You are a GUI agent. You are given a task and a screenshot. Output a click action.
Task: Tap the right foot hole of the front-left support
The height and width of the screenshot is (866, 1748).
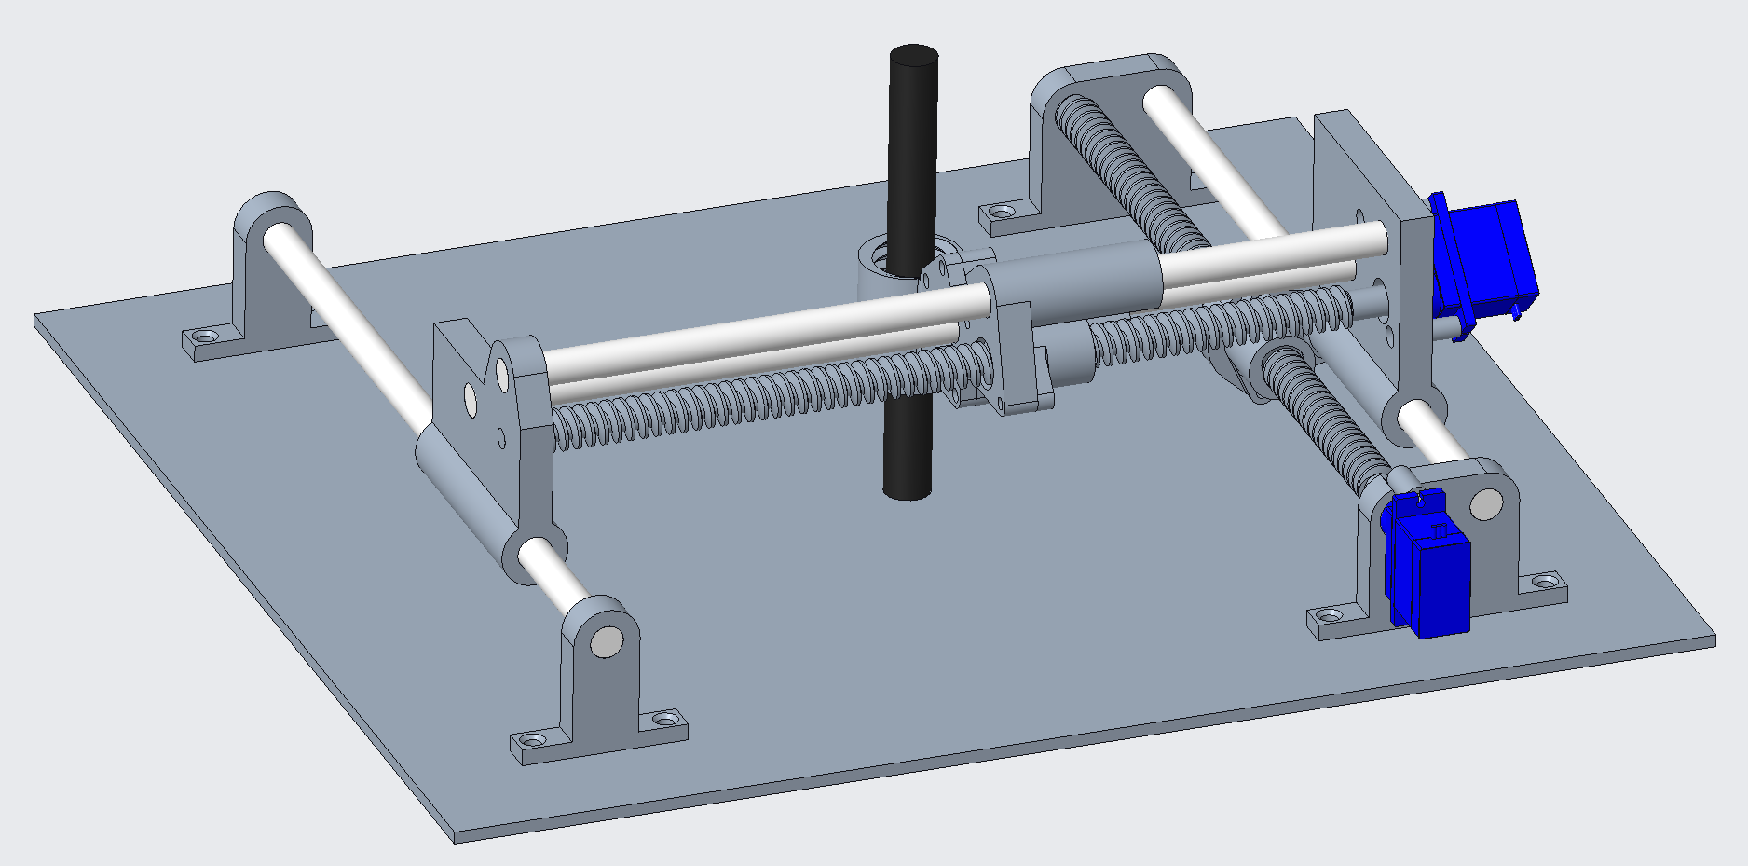[x=664, y=720]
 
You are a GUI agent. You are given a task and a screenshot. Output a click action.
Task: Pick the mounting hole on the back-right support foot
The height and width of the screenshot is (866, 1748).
[x=1001, y=213]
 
